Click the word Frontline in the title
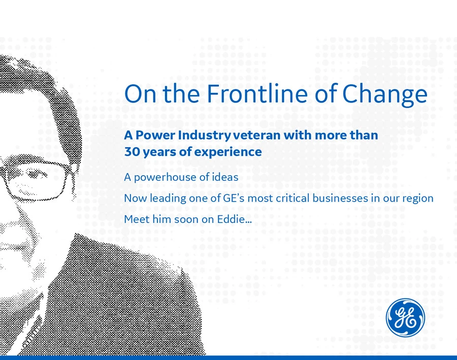click(257, 93)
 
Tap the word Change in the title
click(385, 95)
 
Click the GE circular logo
click(405, 317)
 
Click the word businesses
click(340, 199)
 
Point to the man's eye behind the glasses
click(35, 176)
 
